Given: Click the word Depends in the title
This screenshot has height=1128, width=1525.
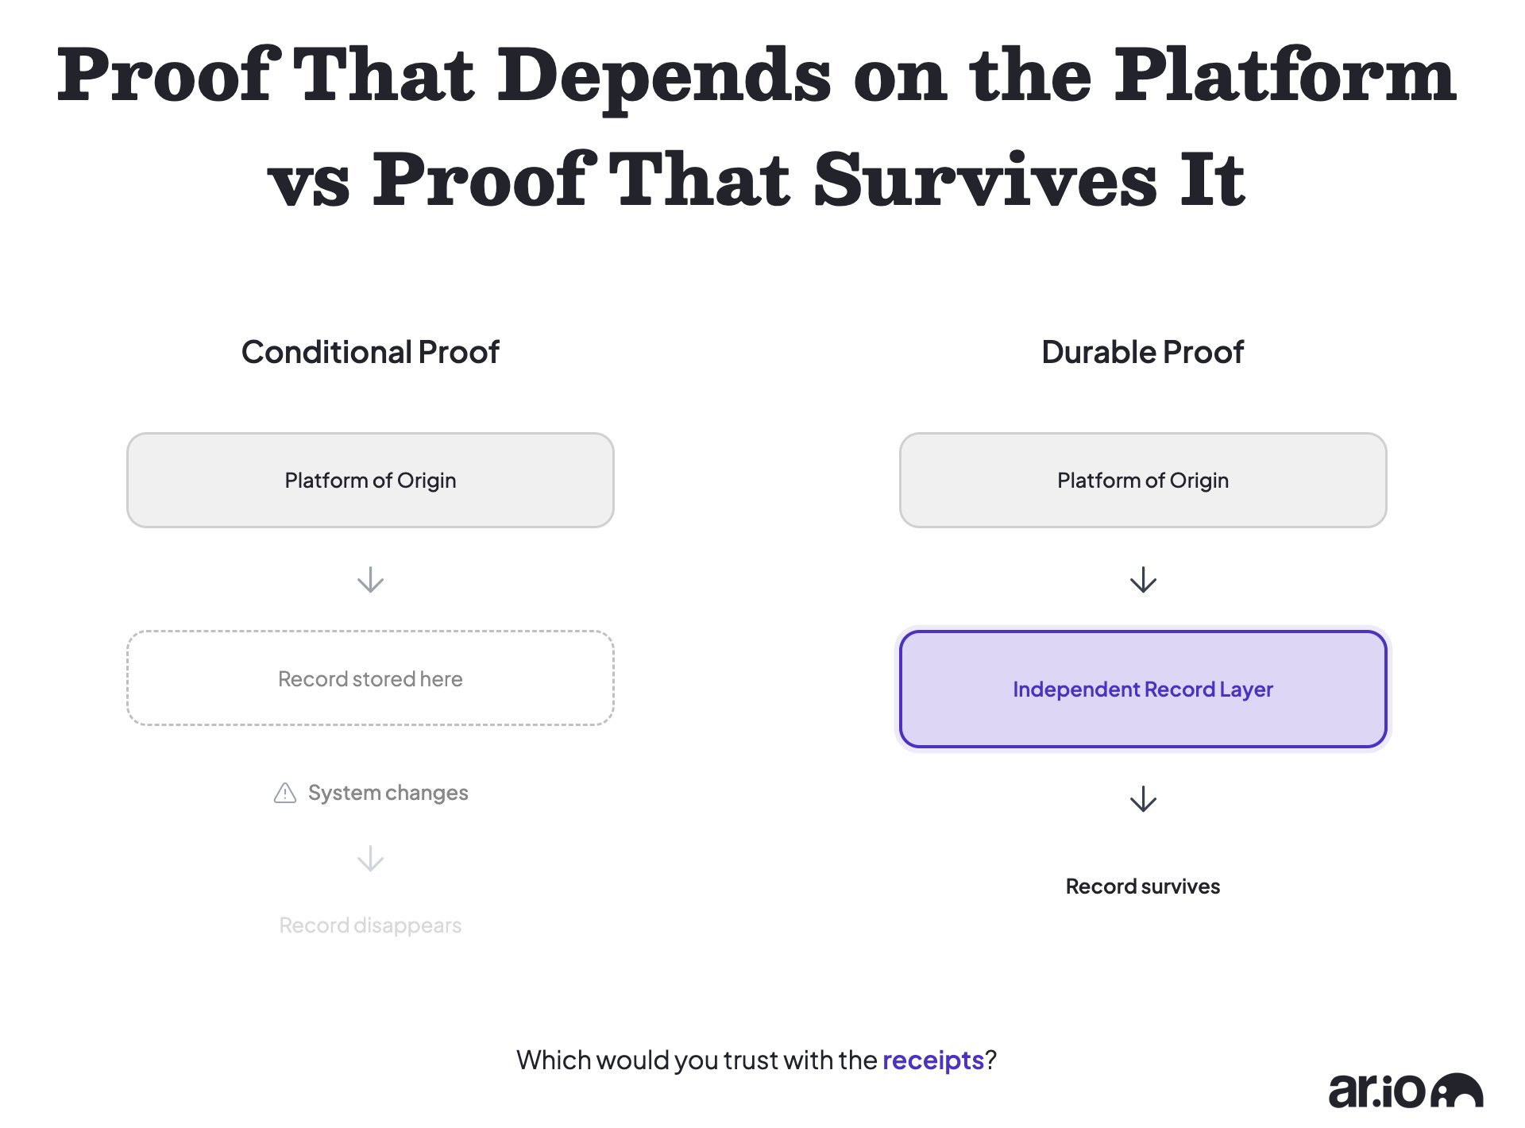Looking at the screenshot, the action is pos(665,79).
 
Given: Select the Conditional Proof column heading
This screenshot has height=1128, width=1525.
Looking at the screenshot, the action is pos(370,352).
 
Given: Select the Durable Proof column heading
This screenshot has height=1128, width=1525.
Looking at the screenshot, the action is pos(1142,352).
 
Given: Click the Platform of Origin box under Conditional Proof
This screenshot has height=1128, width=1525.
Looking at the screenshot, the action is pos(370,480).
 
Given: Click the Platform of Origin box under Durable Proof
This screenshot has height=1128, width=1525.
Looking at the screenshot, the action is pos(1143,480).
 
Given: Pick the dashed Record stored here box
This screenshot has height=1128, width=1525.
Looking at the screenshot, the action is pos(370,678).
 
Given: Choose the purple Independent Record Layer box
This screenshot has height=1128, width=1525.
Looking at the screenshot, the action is pos(1143,689).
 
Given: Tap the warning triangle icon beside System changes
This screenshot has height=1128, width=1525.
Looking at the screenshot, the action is pos(285,793).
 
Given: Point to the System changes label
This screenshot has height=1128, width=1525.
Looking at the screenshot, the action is pos(388,793).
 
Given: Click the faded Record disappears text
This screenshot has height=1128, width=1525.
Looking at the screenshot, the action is pos(370,925).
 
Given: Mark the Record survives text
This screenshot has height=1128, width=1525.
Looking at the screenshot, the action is pos(1143,887).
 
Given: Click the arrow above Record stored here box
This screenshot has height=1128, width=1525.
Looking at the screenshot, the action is pos(370,580).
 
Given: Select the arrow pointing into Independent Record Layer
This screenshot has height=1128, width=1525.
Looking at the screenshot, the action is pos(1143,580).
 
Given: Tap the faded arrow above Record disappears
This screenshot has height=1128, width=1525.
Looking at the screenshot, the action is pos(370,859).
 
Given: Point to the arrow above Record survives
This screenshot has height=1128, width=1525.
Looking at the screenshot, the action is pos(1143,799).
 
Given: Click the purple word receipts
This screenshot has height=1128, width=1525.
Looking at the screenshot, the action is pos(933,1060).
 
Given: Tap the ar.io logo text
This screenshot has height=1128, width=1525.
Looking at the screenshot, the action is pos(1378,1091).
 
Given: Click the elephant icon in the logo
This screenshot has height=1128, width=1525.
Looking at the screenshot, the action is pos(1457,1090).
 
